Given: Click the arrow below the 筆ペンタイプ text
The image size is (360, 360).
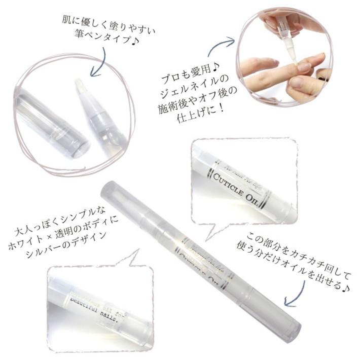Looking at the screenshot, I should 99,63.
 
